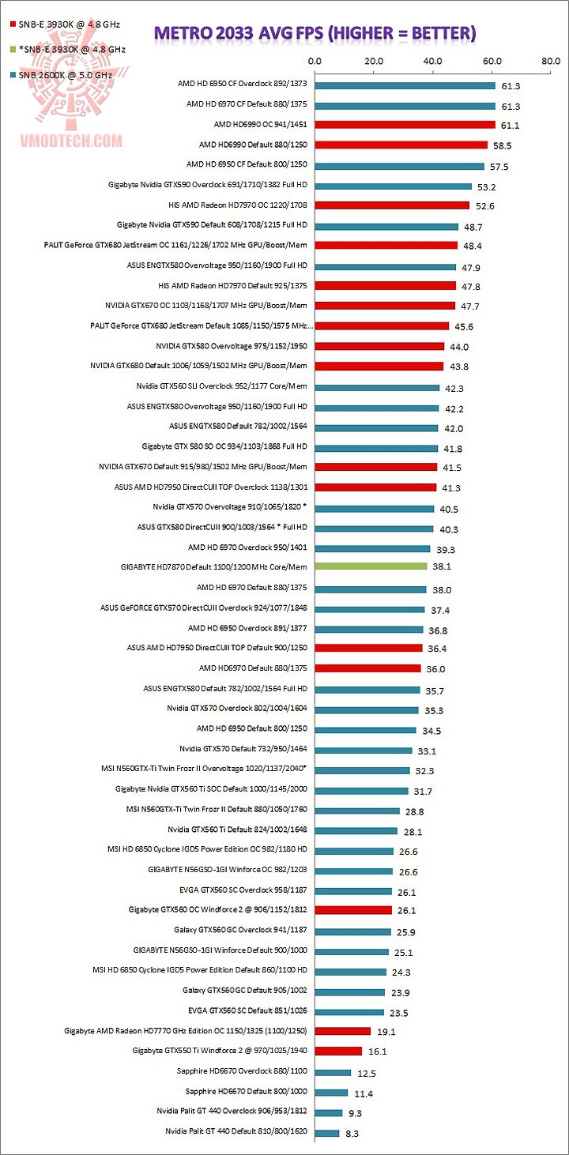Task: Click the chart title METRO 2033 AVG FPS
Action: pyautogui.click(x=315, y=32)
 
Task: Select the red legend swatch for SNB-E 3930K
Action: pyautogui.click(x=12, y=24)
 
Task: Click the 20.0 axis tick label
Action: pyautogui.click(x=374, y=61)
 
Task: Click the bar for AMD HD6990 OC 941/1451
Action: pyautogui.click(x=405, y=125)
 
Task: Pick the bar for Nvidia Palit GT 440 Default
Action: pyautogui.click(x=327, y=1132)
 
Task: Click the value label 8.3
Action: pyautogui.click(x=353, y=1132)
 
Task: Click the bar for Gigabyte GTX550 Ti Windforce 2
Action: pyautogui.click(x=338, y=1052)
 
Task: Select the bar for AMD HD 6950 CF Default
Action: pyautogui.click(x=399, y=165)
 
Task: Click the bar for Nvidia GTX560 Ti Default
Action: pyautogui.click(x=356, y=830)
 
